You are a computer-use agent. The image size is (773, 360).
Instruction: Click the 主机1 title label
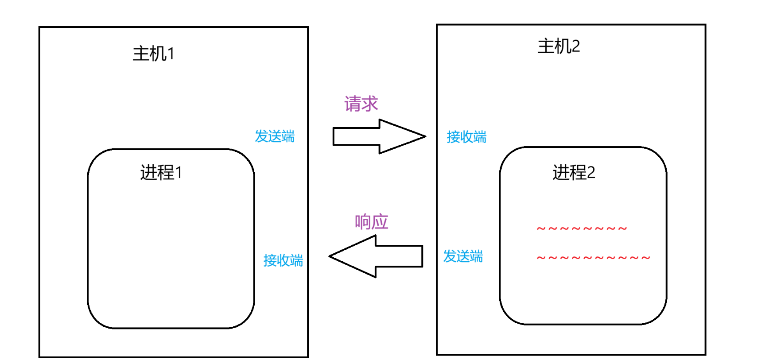pos(153,54)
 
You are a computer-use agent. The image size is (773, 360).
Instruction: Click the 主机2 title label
pos(558,46)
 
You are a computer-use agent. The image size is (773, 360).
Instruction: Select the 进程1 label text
pos(161,172)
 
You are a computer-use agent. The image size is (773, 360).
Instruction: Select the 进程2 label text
pos(573,172)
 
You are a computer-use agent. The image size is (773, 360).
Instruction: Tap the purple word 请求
pos(361,104)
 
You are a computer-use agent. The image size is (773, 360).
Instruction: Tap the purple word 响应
pos(371,222)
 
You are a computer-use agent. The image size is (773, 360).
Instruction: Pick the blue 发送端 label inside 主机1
pos(275,136)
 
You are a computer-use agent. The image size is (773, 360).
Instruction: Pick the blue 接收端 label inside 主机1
pos(283,260)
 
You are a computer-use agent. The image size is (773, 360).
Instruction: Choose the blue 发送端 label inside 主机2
pos(463,256)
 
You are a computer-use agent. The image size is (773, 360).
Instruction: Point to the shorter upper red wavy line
pos(582,229)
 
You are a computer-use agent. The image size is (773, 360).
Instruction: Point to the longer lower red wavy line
pos(593,258)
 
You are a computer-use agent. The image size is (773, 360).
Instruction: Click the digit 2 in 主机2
pos(576,46)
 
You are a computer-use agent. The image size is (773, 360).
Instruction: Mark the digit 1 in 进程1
pos(179,173)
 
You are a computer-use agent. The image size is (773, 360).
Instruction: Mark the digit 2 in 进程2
pos(591,173)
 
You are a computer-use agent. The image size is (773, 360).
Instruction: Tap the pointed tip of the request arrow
pos(423,136)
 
